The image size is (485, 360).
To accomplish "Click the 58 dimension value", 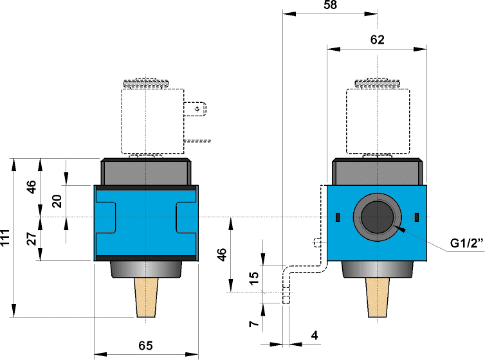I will point(331,5).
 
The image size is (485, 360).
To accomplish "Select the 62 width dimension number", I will point(377,40).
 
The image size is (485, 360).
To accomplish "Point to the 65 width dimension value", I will point(146,345).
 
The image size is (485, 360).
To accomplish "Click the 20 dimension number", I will point(57,201).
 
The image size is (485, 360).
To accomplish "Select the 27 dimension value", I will point(32,239).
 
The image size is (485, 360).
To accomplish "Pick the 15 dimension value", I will point(255,278).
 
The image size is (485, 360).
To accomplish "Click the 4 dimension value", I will point(315,335).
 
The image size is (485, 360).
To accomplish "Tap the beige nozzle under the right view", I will point(377,298).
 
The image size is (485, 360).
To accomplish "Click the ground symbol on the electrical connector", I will point(197,110).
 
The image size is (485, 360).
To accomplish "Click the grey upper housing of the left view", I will point(146,172).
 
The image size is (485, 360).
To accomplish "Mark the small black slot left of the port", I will point(337,216).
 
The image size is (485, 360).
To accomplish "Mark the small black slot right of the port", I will point(416,216).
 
